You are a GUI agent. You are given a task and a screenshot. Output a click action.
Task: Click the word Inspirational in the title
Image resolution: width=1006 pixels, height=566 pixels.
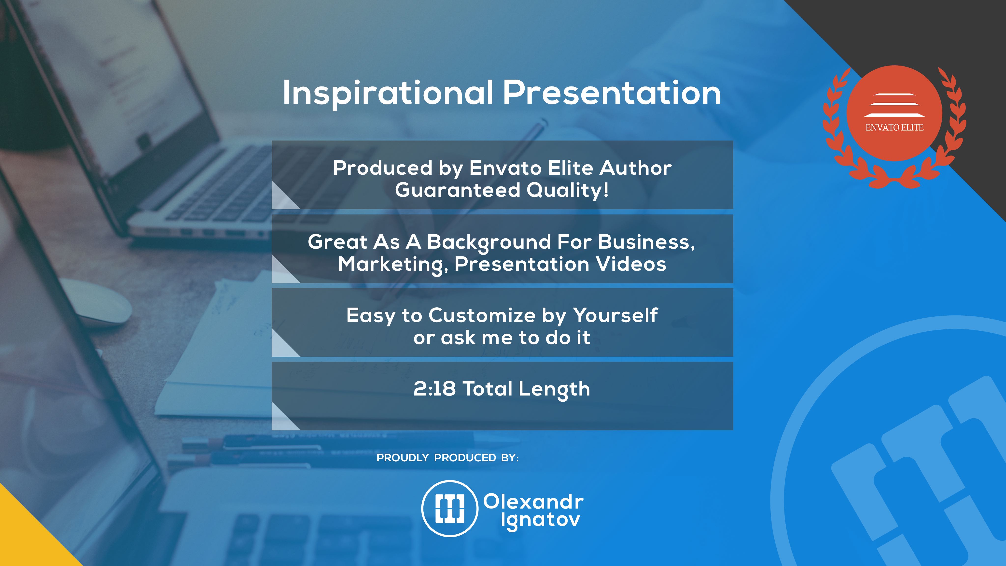click(x=388, y=93)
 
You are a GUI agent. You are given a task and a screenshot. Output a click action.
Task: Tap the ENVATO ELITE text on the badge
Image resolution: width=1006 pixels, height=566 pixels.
click(x=894, y=127)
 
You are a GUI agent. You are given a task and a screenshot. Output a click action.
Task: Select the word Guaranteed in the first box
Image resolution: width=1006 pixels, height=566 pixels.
click(x=457, y=190)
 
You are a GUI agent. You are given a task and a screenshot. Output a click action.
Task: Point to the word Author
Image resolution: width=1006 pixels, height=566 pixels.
click(x=635, y=168)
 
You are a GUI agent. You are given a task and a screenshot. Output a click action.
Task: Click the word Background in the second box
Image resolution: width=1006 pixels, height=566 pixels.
click(x=489, y=242)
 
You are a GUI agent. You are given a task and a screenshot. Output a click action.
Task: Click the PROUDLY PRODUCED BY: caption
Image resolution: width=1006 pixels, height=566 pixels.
click(x=447, y=458)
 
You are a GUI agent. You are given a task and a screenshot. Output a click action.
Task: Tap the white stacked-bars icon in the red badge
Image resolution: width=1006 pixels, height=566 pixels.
click(x=894, y=105)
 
